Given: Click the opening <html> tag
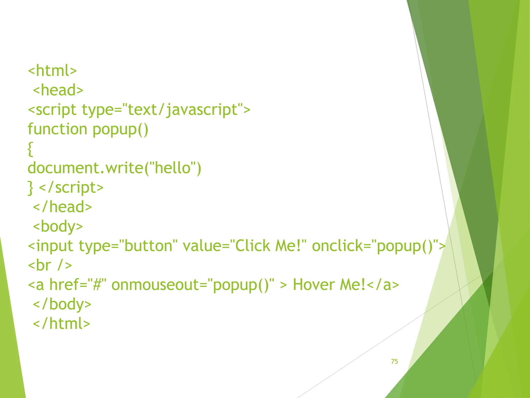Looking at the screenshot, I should click(52, 70).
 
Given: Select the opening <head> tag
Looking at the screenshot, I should click(58, 90).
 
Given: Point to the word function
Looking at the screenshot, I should click(57, 129).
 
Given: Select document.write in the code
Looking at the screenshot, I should click(85, 168).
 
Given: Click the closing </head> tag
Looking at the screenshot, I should click(62, 207).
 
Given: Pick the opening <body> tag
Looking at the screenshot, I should click(58, 226).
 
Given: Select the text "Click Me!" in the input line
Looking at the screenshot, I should click(268, 246).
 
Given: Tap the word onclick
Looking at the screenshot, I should click(337, 246).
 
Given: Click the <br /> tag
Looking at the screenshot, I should click(50, 265).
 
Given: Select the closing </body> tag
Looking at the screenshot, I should click(62, 304).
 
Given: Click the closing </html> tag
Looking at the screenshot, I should click(62, 324).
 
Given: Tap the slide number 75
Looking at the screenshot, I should click(394, 361).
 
